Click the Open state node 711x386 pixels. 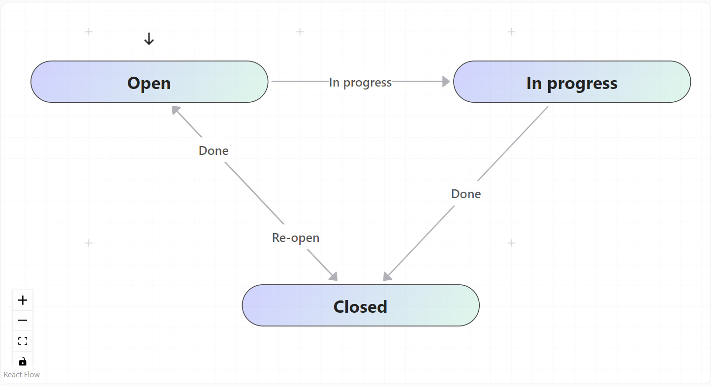point(149,82)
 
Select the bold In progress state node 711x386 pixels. point(572,82)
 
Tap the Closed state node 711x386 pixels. point(360,305)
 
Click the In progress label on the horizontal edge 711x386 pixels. point(360,82)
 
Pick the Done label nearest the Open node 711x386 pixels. point(214,150)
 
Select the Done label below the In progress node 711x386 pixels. point(465,194)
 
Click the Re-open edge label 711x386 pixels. point(296,238)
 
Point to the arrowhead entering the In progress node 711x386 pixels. point(446,82)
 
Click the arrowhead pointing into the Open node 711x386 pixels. point(176,110)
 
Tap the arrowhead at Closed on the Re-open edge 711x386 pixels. point(334,276)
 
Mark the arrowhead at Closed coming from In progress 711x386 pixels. point(387,277)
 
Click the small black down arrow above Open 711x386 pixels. point(149,39)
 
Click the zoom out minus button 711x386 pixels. point(23,321)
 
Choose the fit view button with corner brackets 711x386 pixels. point(23,341)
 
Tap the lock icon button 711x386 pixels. point(23,361)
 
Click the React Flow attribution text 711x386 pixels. point(22,375)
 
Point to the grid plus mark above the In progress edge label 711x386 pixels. point(300,32)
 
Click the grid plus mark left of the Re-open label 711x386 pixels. point(89,243)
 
